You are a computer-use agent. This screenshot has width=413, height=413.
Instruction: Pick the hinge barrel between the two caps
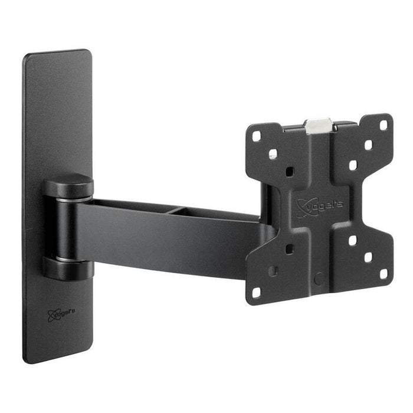pyautogui.click(x=66, y=227)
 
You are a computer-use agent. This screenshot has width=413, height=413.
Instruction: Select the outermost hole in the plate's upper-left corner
pyautogui.click(x=257, y=136)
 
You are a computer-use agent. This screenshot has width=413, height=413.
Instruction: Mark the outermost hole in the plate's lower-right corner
pyautogui.click(x=383, y=274)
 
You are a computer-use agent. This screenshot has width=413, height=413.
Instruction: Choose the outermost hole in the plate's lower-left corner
pyautogui.click(x=257, y=292)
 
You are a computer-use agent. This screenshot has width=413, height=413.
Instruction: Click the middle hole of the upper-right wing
pyautogui.click(x=368, y=144)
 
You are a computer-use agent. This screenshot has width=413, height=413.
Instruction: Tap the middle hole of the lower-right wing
pyautogui.click(x=368, y=257)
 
